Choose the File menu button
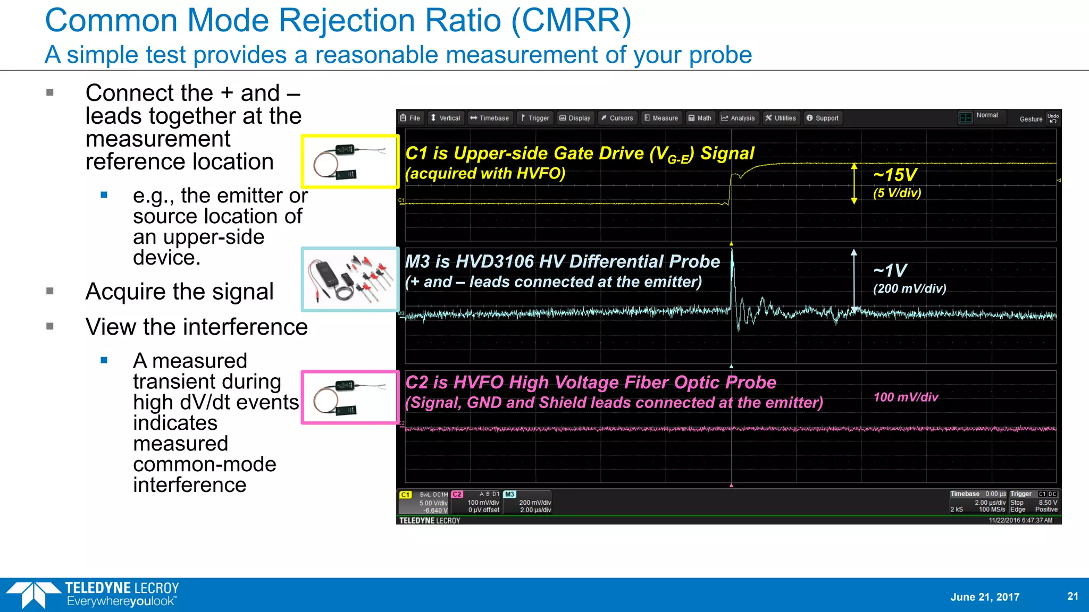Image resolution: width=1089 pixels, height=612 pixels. coord(411,118)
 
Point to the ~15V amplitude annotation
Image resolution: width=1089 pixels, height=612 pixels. coord(895,175)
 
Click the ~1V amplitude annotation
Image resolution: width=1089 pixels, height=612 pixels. coord(890,270)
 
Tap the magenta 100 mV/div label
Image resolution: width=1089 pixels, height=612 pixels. coord(906,397)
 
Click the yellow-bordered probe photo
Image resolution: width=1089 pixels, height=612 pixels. coord(350,161)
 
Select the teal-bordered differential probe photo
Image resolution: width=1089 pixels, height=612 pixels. coord(350,279)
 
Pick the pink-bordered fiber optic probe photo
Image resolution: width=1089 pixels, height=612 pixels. coord(350,397)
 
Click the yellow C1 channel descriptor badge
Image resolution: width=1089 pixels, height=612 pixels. coord(406,495)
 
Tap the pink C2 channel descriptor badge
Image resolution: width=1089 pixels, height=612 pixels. coord(457,494)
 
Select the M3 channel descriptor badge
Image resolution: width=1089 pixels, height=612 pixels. coord(509,494)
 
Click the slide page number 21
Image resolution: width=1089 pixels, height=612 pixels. coord(1073,596)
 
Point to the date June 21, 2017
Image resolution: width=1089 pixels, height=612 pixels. coord(985,597)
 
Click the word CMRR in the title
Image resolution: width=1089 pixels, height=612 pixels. coord(571,21)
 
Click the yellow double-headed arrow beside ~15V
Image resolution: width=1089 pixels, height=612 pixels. coord(854,184)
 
